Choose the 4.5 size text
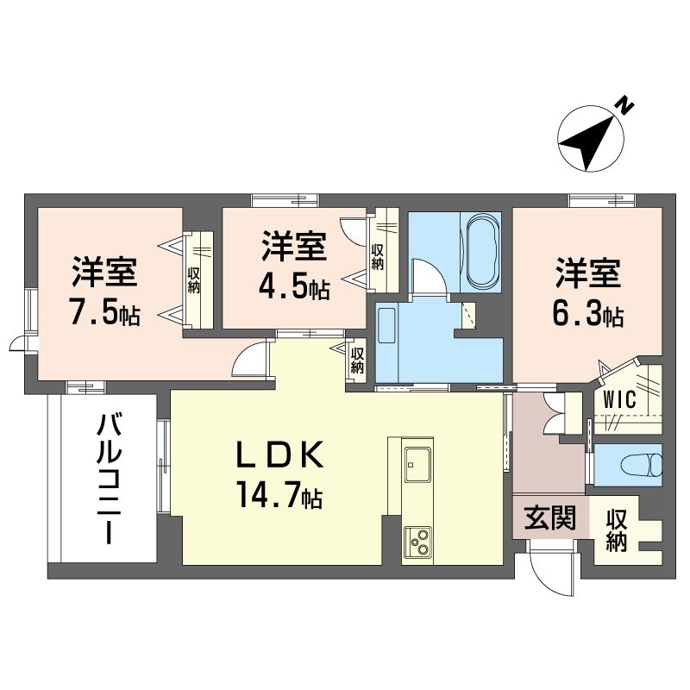click(x=294, y=287)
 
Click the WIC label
click(x=620, y=401)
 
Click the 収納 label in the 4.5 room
click(x=377, y=257)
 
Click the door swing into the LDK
click(x=253, y=362)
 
